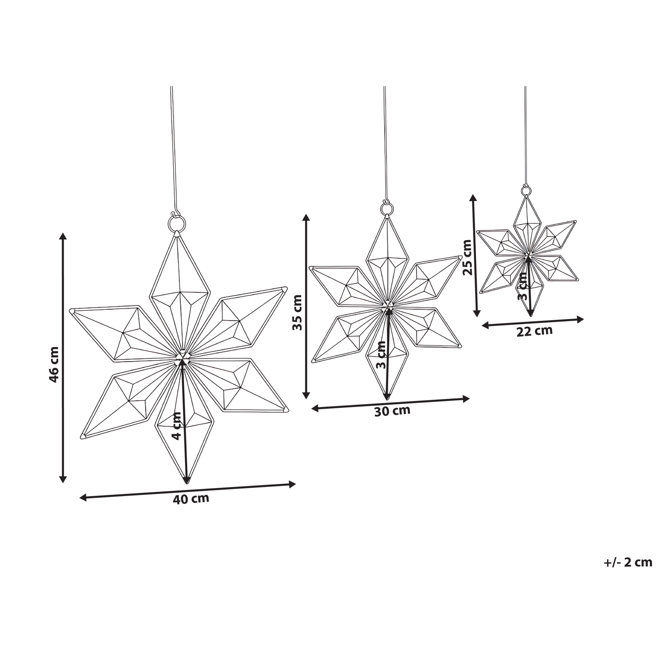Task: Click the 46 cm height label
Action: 54,364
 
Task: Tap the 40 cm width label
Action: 191,499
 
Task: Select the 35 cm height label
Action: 297,312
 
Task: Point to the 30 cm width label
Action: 392,411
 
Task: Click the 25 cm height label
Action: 467,257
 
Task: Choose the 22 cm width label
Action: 534,331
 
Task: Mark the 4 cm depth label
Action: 177,426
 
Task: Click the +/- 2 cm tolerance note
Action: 628,573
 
